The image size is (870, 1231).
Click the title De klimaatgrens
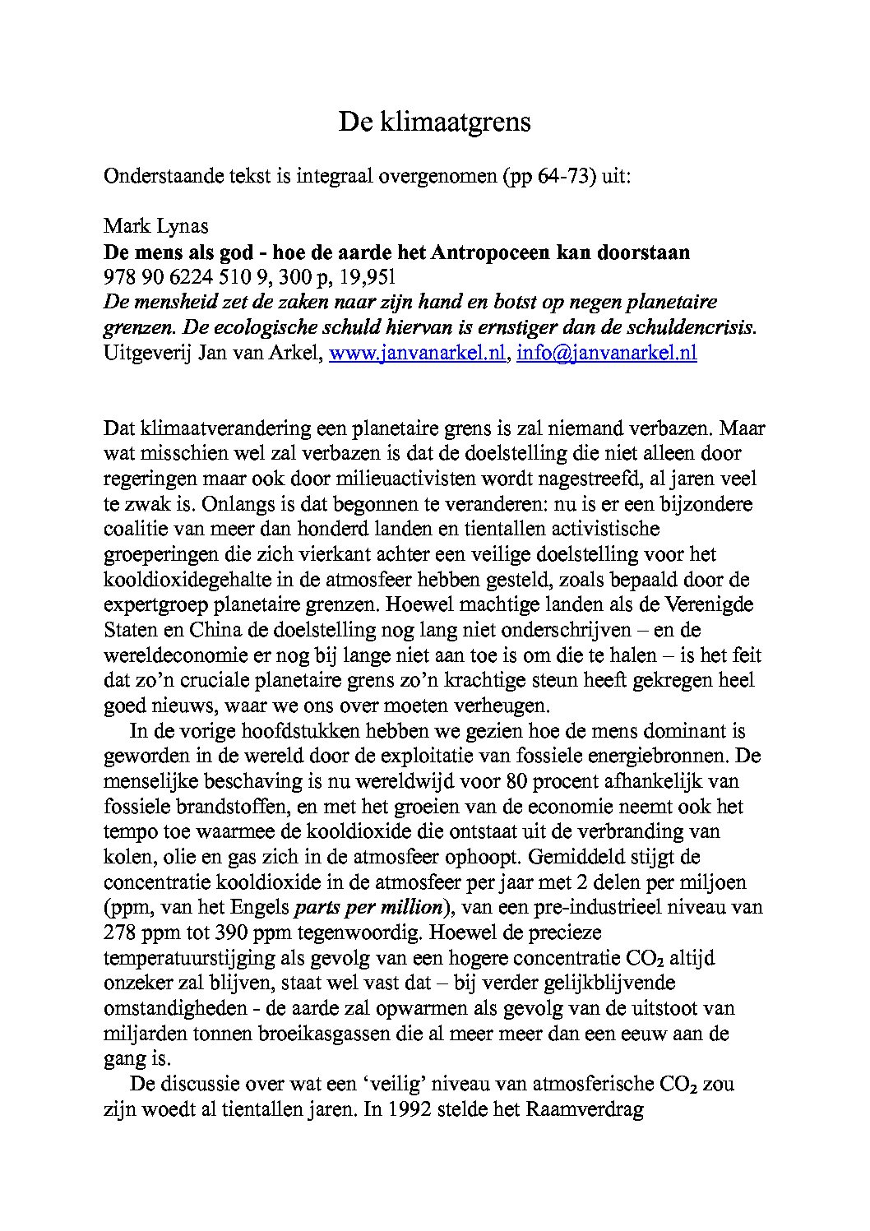pos(434,122)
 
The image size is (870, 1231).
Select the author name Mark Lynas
pos(155,226)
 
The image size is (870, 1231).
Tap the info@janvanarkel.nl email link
pos(606,353)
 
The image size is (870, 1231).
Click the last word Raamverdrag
pos(583,1109)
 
